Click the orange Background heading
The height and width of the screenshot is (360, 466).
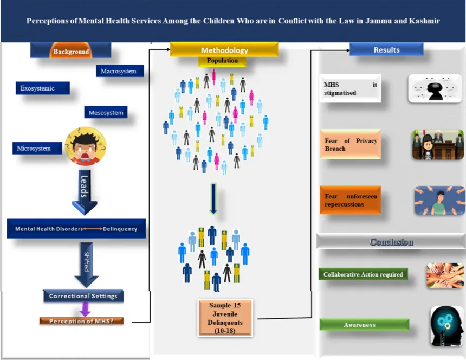click(71, 52)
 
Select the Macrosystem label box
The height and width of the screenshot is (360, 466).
click(122, 71)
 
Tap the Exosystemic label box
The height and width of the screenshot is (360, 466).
click(42, 88)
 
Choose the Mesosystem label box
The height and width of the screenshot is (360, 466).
click(107, 113)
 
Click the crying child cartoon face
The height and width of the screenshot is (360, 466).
click(85, 145)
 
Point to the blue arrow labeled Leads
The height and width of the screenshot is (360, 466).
click(84, 192)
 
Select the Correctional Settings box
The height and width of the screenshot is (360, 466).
click(83, 296)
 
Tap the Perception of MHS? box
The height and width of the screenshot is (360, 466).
click(82, 321)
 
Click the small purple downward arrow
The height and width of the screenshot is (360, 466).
click(85, 309)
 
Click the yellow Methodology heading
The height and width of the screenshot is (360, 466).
click(224, 50)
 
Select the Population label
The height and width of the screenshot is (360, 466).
click(222, 61)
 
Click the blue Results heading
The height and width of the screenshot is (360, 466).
click(386, 50)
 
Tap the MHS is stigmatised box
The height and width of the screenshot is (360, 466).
click(349, 88)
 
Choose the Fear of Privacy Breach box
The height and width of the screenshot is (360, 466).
click(350, 145)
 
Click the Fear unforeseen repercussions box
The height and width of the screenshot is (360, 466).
click(349, 201)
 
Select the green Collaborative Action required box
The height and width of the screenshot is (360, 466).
click(363, 274)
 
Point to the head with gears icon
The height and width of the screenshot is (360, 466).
click(447, 325)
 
